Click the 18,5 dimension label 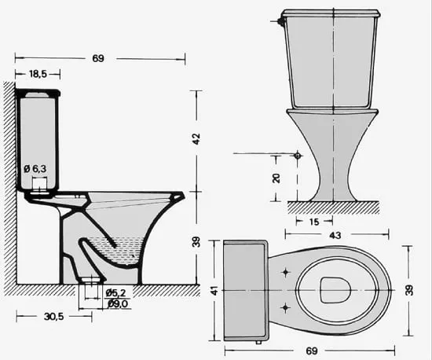[x=38, y=74]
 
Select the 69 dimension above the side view [x=98, y=58]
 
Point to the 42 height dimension [x=196, y=139]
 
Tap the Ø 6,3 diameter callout [x=35, y=169]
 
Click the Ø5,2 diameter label [x=116, y=293]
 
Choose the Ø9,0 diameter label [x=118, y=303]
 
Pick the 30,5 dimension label [x=53, y=317]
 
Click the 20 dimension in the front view [x=276, y=178]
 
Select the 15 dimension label [x=314, y=222]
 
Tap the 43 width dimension [x=335, y=235]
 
